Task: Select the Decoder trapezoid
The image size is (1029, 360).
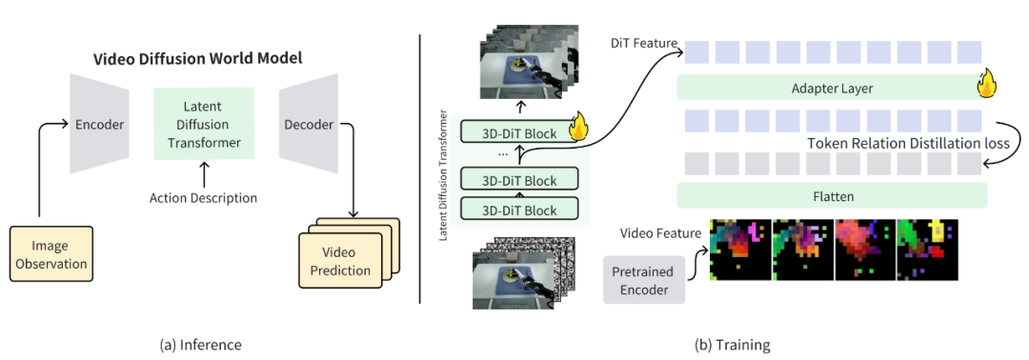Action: (309, 123)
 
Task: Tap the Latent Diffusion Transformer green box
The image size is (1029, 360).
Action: (204, 123)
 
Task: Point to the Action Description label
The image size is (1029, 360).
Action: (204, 197)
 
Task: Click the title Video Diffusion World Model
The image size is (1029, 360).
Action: (197, 58)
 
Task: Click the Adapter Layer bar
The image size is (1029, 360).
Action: (832, 87)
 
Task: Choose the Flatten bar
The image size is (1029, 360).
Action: (832, 195)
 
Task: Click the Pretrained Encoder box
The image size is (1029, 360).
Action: (644, 280)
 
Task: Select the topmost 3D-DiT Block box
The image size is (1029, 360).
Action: (520, 133)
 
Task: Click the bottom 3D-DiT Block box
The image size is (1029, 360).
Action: (520, 210)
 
